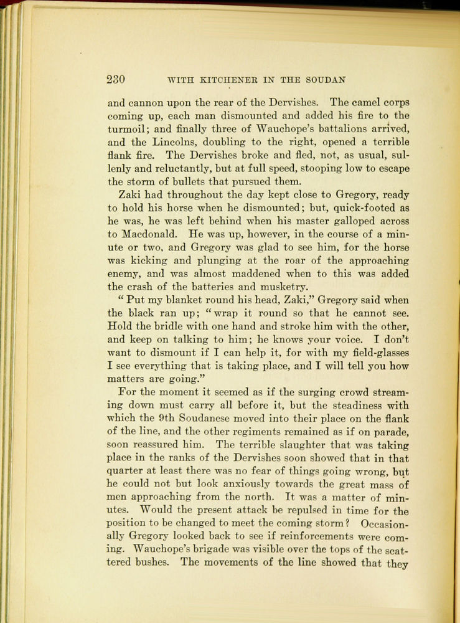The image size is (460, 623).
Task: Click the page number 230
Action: (x=116, y=79)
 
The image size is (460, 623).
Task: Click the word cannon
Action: (x=145, y=102)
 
